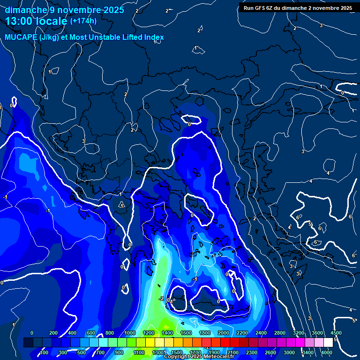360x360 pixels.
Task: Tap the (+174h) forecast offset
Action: [83, 21]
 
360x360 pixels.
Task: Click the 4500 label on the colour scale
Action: [336, 333]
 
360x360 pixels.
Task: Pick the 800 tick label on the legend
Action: [111, 333]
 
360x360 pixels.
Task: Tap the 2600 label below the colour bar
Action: [270, 352]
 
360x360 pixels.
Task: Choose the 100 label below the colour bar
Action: [44, 352]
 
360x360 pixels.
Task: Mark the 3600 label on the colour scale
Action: [317, 333]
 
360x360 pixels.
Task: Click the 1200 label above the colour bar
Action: [148, 333]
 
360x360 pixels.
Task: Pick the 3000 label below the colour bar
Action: [289, 352]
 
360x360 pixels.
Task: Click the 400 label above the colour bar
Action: [73, 333]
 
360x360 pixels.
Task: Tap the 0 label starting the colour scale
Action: [32, 333]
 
